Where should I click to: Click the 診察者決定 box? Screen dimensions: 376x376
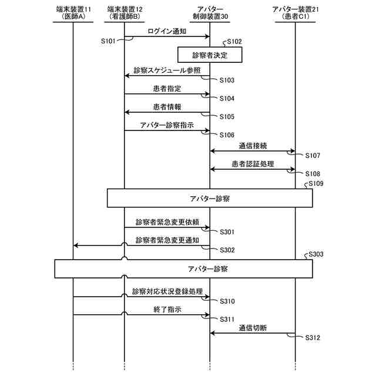[x=210, y=55]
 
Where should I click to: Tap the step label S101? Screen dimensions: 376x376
[x=108, y=41]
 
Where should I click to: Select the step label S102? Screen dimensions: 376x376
[x=233, y=42]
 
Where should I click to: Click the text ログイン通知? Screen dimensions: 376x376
[x=167, y=31]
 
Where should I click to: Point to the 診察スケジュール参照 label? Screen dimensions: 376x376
[x=167, y=70]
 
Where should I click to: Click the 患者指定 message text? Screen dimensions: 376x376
[x=167, y=89]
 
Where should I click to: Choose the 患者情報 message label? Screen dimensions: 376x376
[x=167, y=108]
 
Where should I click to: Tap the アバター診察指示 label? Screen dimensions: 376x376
[x=167, y=126]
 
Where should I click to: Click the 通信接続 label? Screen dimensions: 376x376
[x=253, y=145]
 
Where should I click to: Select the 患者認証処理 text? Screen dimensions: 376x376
[x=253, y=164]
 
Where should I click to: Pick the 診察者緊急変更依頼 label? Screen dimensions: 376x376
[x=167, y=222]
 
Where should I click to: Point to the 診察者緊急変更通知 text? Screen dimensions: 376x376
[x=167, y=240]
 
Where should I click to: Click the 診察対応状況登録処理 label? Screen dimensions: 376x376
[x=167, y=291]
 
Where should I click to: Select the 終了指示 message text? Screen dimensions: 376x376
[x=167, y=310]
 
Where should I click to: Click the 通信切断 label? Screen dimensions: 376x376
[x=253, y=328]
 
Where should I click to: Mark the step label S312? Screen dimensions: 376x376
[x=313, y=338]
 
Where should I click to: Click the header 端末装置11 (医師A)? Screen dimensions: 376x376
[x=73, y=13]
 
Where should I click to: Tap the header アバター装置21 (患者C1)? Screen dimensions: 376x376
[x=294, y=13]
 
